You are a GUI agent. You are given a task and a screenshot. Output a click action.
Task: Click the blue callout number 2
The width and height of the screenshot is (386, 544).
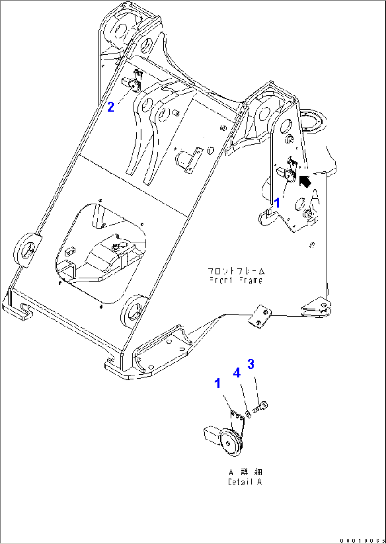(111, 107)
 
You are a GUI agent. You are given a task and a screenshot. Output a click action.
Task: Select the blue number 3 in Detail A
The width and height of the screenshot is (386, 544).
(251, 364)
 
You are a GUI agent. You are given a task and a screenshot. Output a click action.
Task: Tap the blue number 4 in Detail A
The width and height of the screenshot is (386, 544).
(237, 373)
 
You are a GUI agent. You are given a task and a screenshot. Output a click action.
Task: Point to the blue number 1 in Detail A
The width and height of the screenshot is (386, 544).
(217, 383)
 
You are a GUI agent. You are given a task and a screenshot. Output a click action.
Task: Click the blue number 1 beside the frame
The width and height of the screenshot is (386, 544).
(277, 203)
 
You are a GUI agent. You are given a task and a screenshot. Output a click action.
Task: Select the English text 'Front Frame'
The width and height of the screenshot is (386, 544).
(236, 280)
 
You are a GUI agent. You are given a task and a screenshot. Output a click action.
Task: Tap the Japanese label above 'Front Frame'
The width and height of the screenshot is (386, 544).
(236, 271)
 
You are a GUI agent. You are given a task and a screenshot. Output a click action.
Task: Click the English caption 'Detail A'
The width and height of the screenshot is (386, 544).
(245, 482)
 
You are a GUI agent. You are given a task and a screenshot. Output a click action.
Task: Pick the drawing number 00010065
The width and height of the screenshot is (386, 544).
(362, 540)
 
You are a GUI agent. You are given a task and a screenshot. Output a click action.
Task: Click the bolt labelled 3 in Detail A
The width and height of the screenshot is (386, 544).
(262, 406)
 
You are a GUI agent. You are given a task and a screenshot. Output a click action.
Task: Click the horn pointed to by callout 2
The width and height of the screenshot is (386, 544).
(134, 85)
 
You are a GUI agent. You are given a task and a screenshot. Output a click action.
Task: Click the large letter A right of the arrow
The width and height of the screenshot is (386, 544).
(315, 196)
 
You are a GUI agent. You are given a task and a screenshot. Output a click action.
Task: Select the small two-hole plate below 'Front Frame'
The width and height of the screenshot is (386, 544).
(260, 316)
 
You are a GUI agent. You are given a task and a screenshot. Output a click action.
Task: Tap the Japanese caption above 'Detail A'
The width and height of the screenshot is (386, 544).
(245, 472)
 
